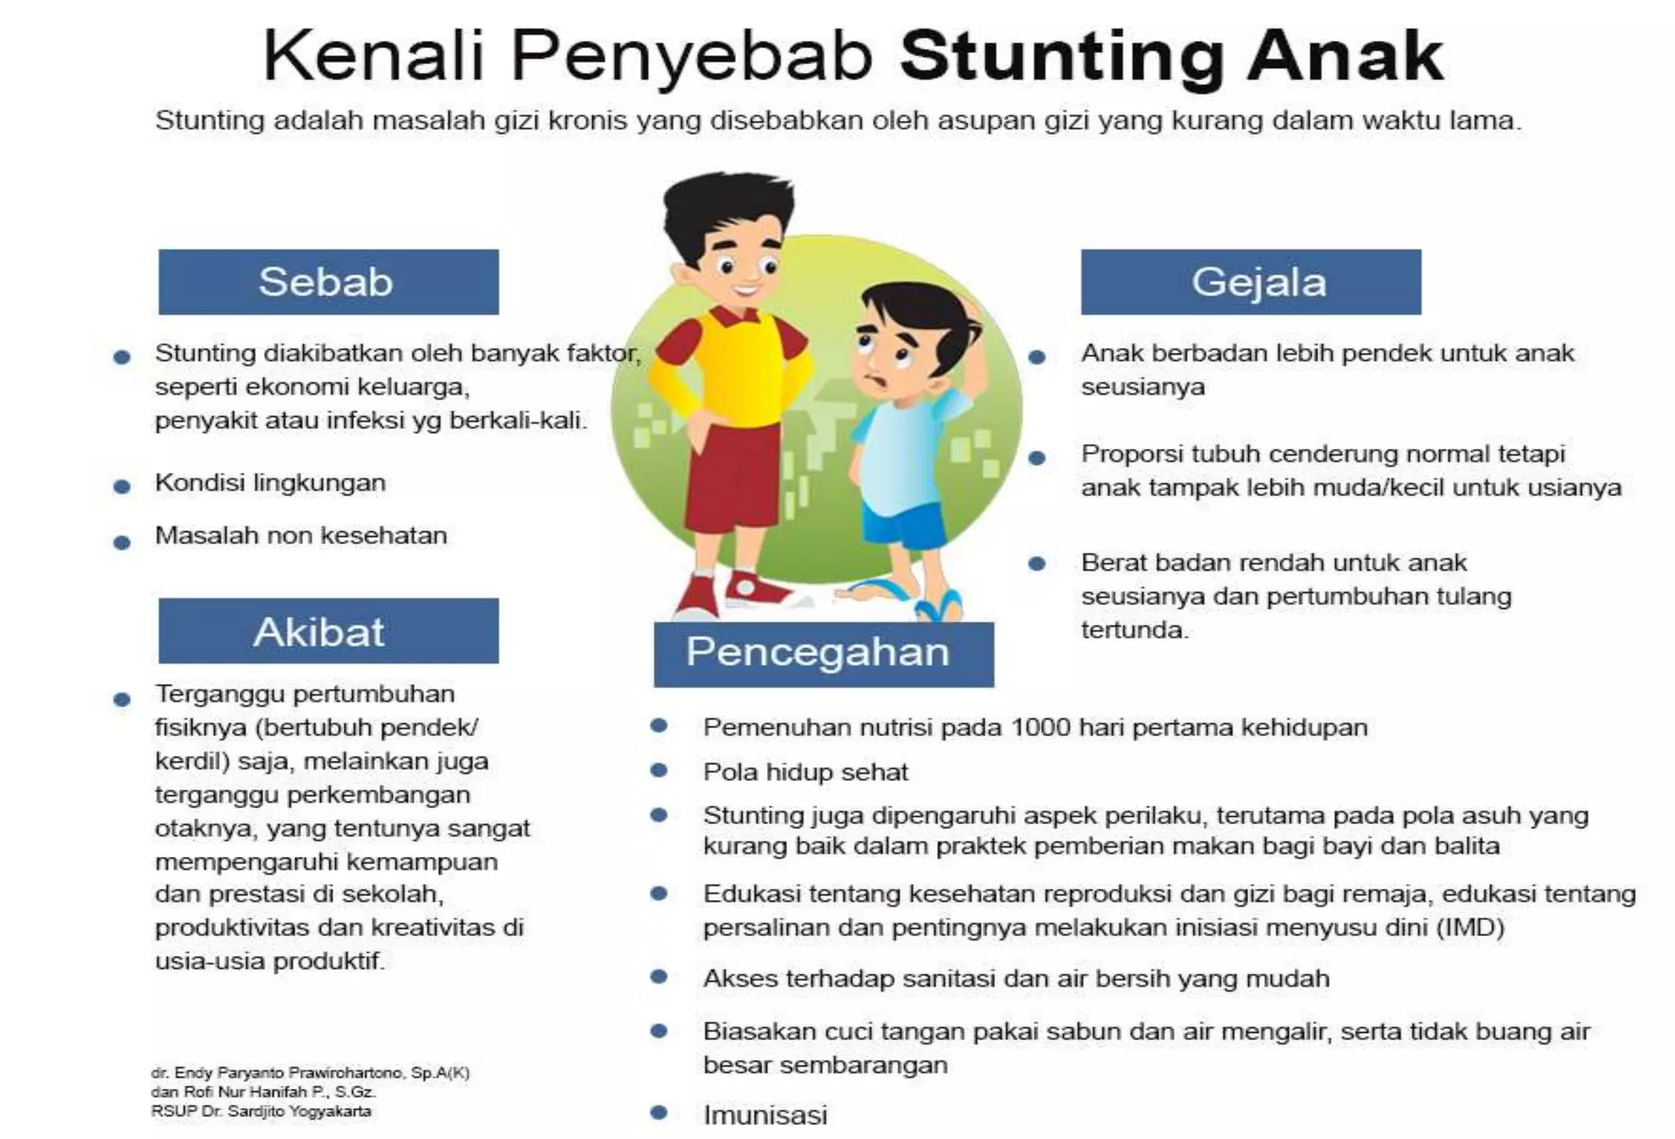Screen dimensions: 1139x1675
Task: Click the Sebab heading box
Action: point(328,282)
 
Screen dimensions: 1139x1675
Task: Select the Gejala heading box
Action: point(1251,282)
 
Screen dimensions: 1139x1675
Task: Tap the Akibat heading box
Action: point(328,631)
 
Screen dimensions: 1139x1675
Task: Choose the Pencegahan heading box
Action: point(824,654)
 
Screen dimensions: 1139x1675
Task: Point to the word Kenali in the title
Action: point(374,56)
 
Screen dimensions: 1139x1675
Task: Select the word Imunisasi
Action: point(766,1114)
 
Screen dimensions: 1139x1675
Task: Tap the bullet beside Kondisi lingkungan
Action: point(122,487)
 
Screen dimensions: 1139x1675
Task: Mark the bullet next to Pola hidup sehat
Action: point(659,770)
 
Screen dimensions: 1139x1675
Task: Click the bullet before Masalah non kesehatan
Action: point(122,542)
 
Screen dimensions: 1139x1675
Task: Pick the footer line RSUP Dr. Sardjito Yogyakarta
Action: point(261,1111)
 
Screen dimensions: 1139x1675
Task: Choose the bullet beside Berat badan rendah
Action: point(1036,563)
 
